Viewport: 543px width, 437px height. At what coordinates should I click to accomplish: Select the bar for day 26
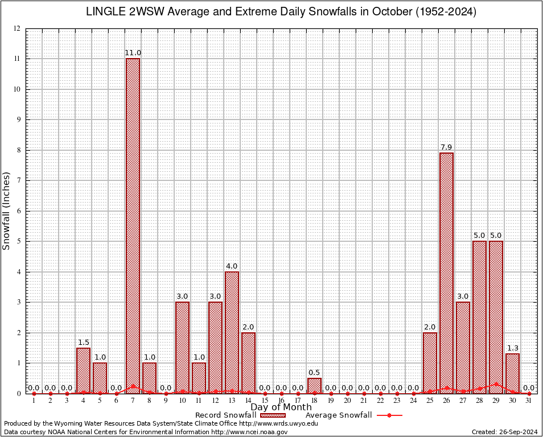tap(446, 273)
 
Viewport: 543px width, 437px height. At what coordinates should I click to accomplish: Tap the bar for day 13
tap(232, 332)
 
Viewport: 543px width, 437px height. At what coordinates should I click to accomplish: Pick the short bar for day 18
tap(314, 385)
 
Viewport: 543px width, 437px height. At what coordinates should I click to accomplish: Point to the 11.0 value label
tap(133, 53)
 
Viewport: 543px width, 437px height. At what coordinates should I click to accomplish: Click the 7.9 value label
tap(446, 147)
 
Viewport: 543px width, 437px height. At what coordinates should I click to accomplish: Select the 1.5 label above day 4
tap(83, 342)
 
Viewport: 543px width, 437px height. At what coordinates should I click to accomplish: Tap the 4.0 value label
tap(232, 266)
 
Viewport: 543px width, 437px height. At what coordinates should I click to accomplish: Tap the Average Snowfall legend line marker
tap(389, 415)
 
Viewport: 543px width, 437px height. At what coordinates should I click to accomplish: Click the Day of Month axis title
tap(281, 407)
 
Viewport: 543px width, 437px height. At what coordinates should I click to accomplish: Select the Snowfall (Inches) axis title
tap(7, 211)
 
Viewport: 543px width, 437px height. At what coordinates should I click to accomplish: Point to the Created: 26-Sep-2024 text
tap(504, 432)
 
